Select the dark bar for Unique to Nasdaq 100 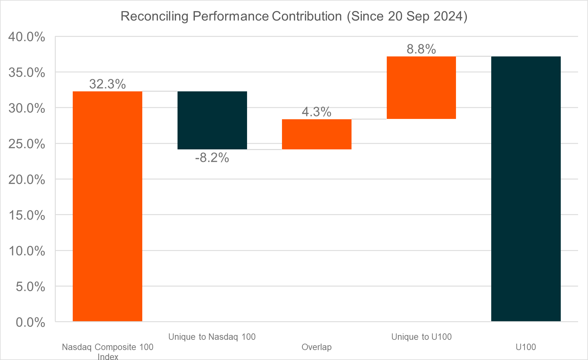212,120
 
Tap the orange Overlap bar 317,134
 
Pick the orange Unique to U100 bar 421,88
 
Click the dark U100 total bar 526,189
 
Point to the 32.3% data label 107,84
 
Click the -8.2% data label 212,158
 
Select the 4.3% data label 317,112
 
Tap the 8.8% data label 421,49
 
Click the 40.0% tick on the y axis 27,37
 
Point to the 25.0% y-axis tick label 27,144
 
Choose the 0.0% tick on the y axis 30,322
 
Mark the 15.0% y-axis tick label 27,215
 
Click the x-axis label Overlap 317,347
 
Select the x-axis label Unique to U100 421,337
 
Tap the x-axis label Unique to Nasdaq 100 212,337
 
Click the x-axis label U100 526,347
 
